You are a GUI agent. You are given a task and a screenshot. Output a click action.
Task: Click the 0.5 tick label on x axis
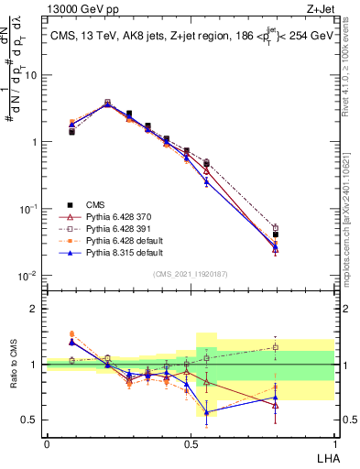[191, 443]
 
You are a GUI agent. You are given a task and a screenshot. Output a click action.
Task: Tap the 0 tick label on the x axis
[48, 443]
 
